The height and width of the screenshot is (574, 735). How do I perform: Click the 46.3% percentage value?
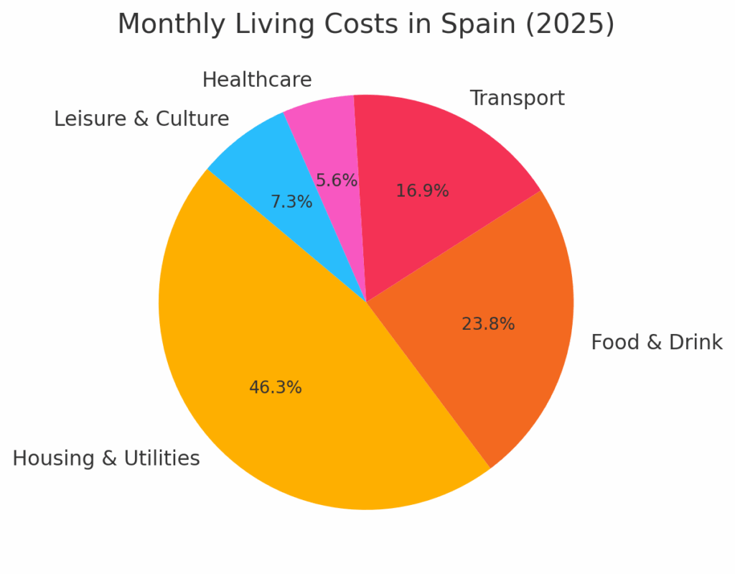(x=276, y=388)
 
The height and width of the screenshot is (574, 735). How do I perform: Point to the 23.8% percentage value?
(x=488, y=325)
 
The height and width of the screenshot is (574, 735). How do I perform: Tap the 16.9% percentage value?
(x=422, y=191)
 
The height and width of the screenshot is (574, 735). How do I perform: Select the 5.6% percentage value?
(x=337, y=181)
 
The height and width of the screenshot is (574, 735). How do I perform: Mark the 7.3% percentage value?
(x=291, y=203)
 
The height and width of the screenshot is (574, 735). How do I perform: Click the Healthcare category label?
(x=257, y=80)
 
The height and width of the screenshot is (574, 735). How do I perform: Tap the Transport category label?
(x=517, y=98)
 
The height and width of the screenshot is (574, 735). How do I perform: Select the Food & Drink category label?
(x=656, y=343)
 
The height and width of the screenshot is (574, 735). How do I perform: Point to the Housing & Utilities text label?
(x=106, y=458)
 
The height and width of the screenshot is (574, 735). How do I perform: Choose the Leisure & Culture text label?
(x=141, y=119)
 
